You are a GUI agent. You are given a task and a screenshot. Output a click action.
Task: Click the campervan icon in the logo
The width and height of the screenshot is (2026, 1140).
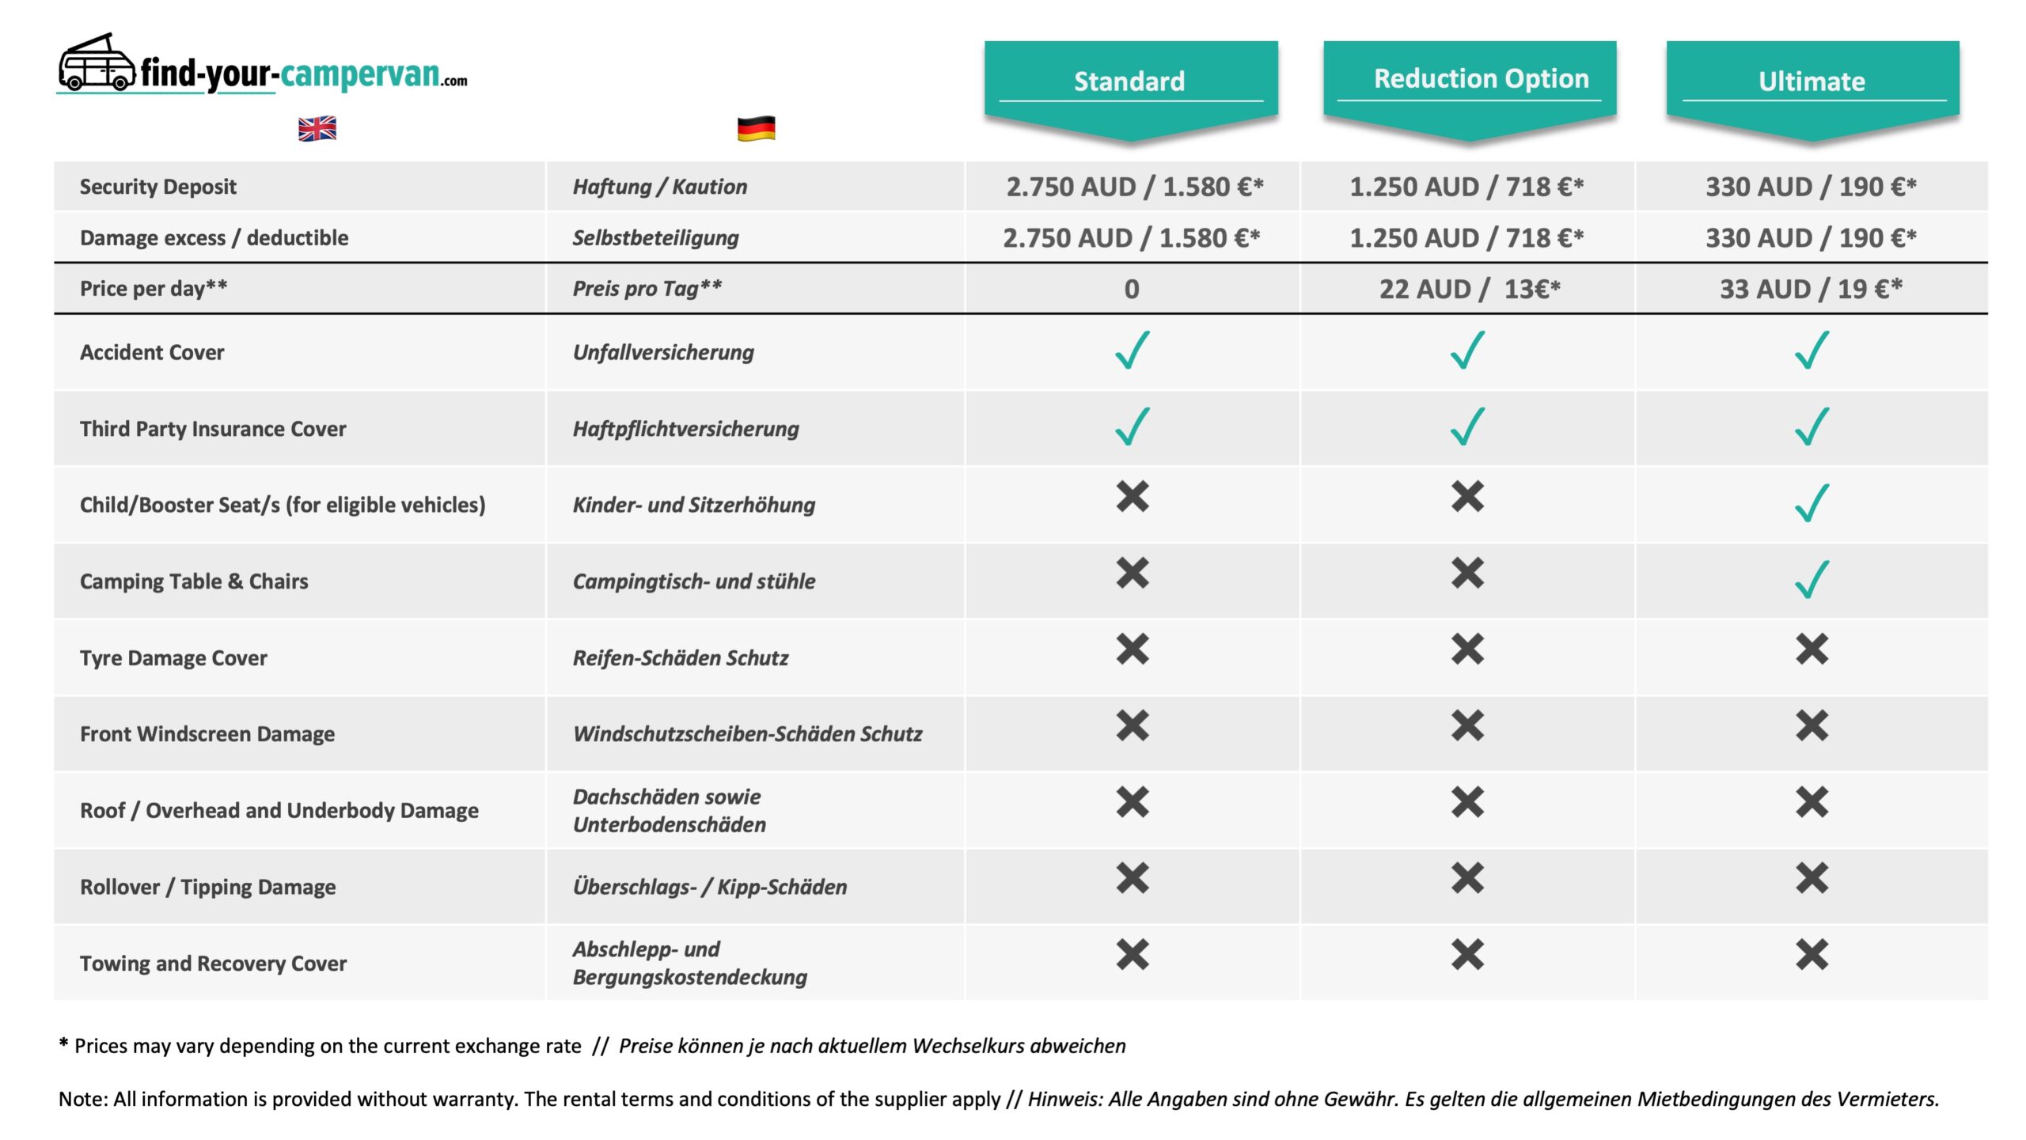point(97,63)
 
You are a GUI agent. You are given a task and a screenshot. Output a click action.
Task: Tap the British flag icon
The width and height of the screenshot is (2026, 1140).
point(317,128)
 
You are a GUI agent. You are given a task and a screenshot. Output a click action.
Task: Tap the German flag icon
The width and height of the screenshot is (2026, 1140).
point(756,128)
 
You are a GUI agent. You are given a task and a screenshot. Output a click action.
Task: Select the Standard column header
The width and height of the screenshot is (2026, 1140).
point(1130,81)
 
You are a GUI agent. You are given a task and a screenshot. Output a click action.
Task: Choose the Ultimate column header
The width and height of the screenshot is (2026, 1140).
point(1812,81)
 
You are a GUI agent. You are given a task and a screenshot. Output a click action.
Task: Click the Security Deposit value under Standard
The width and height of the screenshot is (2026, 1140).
point(1134,187)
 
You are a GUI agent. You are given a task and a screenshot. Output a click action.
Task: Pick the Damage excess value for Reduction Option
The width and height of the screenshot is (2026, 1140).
point(1466,238)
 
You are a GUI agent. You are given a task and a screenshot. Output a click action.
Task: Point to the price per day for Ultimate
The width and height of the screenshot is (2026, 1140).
point(1811,289)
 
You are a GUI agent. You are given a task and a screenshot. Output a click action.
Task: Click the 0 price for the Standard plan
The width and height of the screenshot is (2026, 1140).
point(1132,289)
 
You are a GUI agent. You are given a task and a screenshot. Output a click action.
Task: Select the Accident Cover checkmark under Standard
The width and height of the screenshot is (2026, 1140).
point(1133,350)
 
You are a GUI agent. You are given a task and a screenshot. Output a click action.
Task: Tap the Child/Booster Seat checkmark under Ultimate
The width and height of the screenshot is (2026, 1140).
point(1812,503)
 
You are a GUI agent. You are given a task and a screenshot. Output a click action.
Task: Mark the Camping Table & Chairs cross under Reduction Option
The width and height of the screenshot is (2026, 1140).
point(1467,573)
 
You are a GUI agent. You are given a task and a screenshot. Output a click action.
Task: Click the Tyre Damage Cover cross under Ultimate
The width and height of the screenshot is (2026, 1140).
point(1812,650)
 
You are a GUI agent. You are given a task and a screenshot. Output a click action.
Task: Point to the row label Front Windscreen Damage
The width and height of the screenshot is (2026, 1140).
point(207,734)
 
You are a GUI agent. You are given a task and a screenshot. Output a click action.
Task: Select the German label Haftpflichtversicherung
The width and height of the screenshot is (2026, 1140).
point(686,429)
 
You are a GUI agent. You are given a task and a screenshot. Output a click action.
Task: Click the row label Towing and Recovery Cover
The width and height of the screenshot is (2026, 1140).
point(213,964)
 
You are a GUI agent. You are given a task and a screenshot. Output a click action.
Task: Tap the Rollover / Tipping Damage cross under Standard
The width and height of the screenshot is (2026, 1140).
point(1133,878)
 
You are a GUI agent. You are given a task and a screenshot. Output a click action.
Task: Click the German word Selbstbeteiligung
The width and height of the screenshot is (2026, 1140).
point(656,238)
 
